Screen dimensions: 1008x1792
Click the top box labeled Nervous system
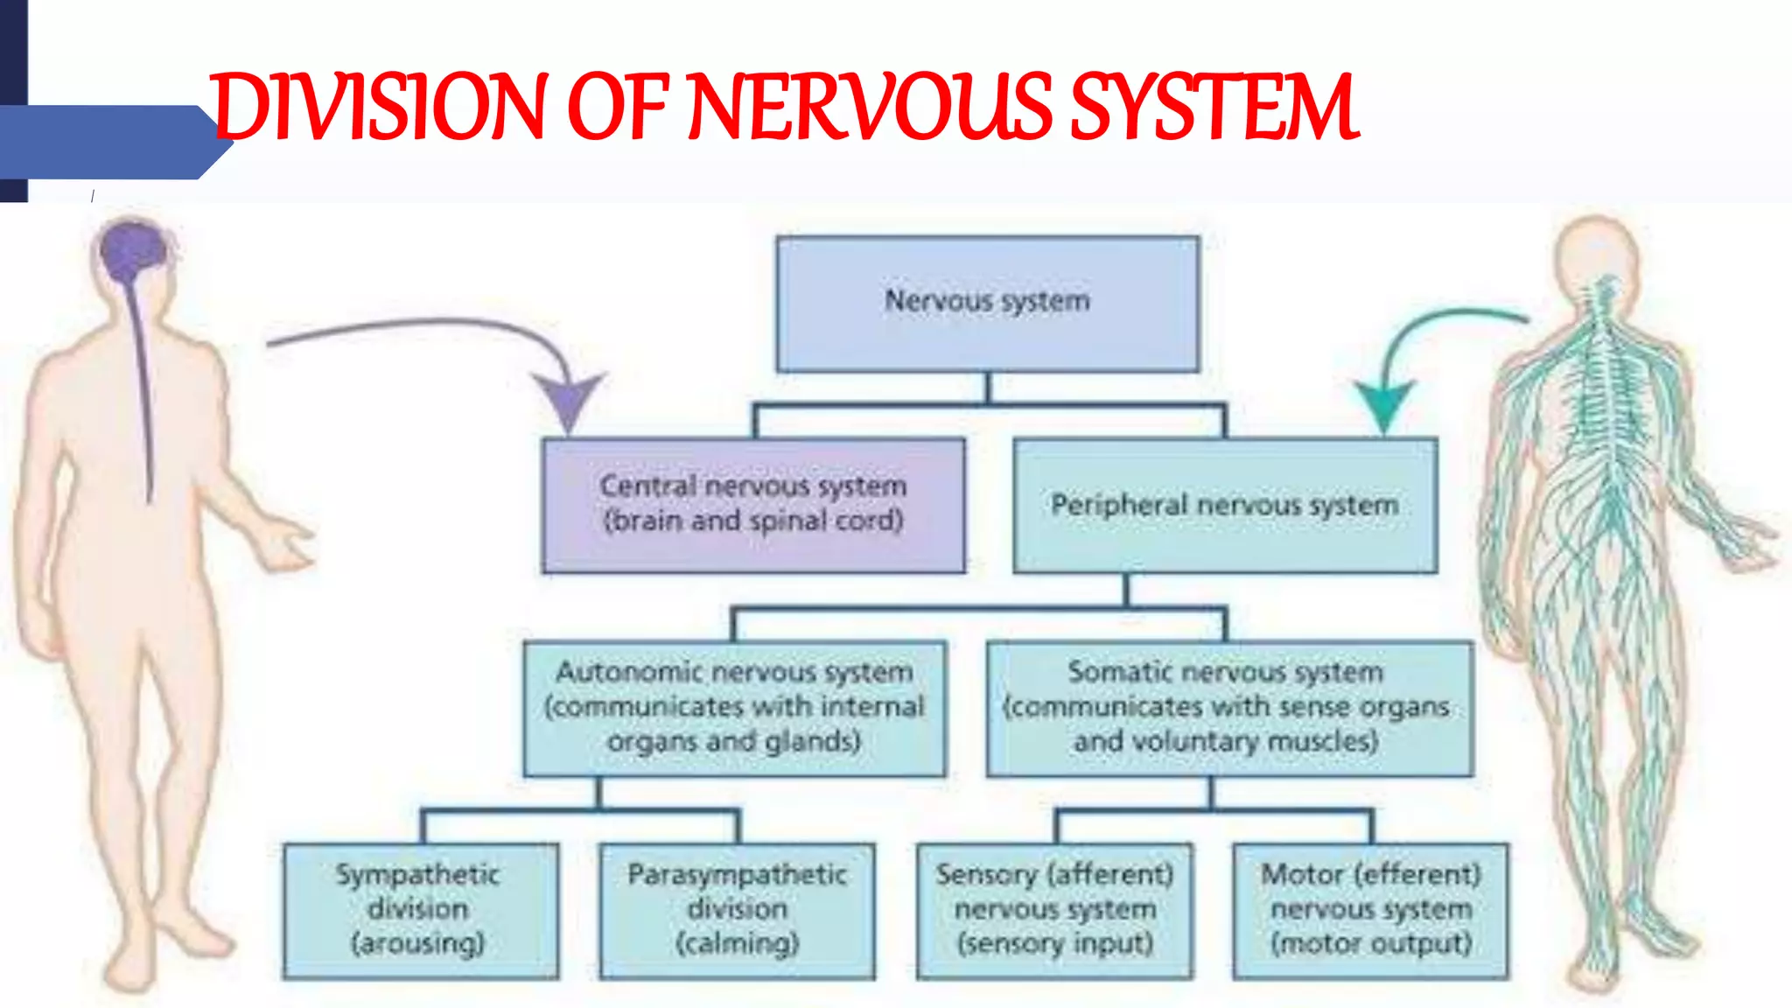pos(987,303)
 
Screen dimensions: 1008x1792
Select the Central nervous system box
pos(753,505)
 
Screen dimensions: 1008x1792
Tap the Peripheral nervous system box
pos(1224,505)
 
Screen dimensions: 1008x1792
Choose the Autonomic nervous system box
pos(734,708)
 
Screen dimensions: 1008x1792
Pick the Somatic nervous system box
pos(1228,708)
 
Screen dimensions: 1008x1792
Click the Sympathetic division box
pos(420,909)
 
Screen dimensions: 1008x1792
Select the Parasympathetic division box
pos(737,909)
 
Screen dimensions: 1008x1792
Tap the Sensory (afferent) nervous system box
pos(1054,909)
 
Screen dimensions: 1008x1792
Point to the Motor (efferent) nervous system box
pos(1370,909)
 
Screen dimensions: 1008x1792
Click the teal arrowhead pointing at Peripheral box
pos(1383,404)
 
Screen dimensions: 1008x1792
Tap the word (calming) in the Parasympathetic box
pos(737,943)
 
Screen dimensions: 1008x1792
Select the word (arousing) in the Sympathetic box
pos(418,943)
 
